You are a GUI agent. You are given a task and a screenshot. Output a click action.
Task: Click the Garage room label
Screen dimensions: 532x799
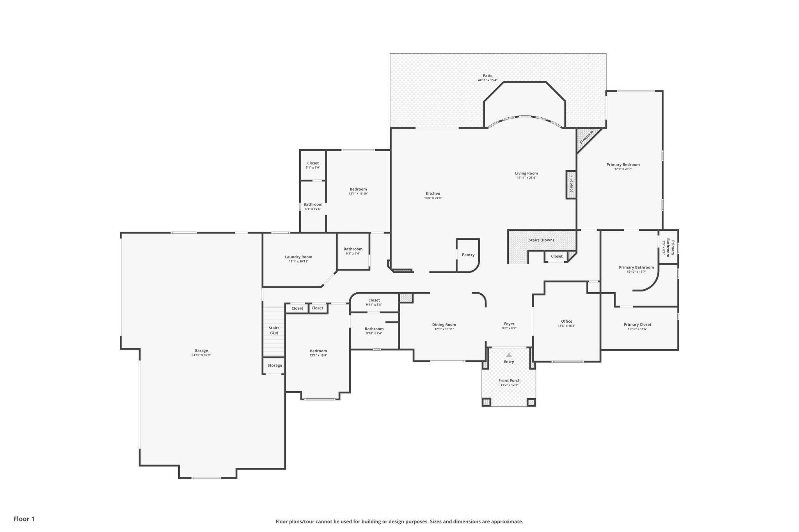pyautogui.click(x=201, y=350)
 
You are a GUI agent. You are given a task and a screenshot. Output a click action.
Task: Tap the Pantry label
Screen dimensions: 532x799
pyautogui.click(x=468, y=255)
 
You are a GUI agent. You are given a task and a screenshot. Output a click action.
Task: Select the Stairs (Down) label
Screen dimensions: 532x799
pyautogui.click(x=541, y=240)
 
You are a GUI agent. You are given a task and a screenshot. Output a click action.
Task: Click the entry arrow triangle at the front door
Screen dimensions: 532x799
pyautogui.click(x=509, y=355)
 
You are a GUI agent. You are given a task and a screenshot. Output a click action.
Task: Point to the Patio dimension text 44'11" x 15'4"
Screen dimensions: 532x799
pyautogui.click(x=487, y=80)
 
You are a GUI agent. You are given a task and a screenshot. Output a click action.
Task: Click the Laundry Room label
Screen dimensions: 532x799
pyautogui.click(x=298, y=257)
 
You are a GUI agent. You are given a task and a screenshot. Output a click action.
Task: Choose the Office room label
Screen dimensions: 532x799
pyautogui.click(x=566, y=321)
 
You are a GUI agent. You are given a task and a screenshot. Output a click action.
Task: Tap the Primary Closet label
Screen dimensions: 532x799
pyautogui.click(x=637, y=324)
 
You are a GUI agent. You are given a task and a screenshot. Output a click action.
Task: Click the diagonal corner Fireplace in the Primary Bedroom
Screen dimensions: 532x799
pyautogui.click(x=586, y=138)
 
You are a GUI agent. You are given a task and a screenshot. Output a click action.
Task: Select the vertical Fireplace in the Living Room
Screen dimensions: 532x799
pyautogui.click(x=571, y=184)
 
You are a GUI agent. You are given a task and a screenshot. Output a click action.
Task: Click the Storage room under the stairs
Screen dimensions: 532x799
pyautogui.click(x=275, y=365)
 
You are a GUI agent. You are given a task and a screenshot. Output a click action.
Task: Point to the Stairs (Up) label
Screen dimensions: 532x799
pyautogui.click(x=274, y=330)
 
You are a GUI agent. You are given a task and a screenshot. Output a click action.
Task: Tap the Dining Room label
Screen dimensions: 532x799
pyautogui.click(x=444, y=324)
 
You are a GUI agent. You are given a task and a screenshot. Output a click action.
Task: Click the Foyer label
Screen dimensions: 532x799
pyautogui.click(x=509, y=323)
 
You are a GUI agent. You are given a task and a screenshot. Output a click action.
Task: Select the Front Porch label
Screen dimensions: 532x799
pyautogui.click(x=509, y=380)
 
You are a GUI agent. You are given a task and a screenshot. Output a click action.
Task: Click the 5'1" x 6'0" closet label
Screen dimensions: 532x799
pyautogui.click(x=313, y=168)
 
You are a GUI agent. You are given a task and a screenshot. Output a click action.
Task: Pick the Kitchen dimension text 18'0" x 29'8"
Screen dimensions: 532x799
pyautogui.click(x=433, y=198)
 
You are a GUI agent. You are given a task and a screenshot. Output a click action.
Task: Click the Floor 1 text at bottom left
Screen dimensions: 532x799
pyautogui.click(x=24, y=519)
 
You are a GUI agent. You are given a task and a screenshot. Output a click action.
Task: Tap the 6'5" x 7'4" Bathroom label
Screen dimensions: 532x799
pyautogui.click(x=353, y=249)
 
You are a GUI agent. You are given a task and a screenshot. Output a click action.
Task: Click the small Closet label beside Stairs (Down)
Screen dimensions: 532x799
pyautogui.click(x=557, y=256)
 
